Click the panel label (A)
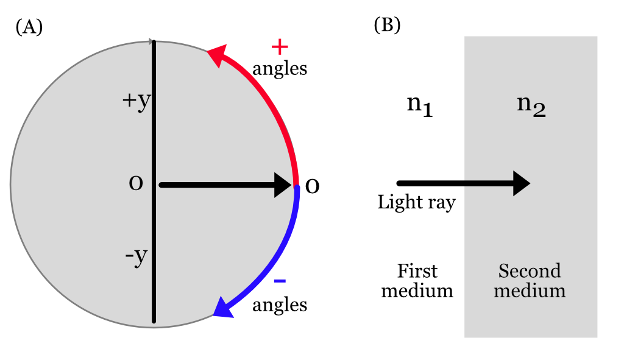click(x=29, y=27)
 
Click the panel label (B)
click(x=386, y=25)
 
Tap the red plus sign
click(x=279, y=47)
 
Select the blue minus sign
click(x=280, y=280)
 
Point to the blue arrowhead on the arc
click(x=224, y=307)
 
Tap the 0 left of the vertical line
click(x=136, y=183)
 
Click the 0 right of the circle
click(x=312, y=185)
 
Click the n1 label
click(x=419, y=106)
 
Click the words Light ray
click(x=417, y=202)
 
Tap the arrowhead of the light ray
click(x=521, y=183)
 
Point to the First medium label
click(x=417, y=280)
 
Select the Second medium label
click(x=530, y=280)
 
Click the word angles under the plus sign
click(x=280, y=69)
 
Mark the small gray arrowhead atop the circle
click(x=151, y=41)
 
